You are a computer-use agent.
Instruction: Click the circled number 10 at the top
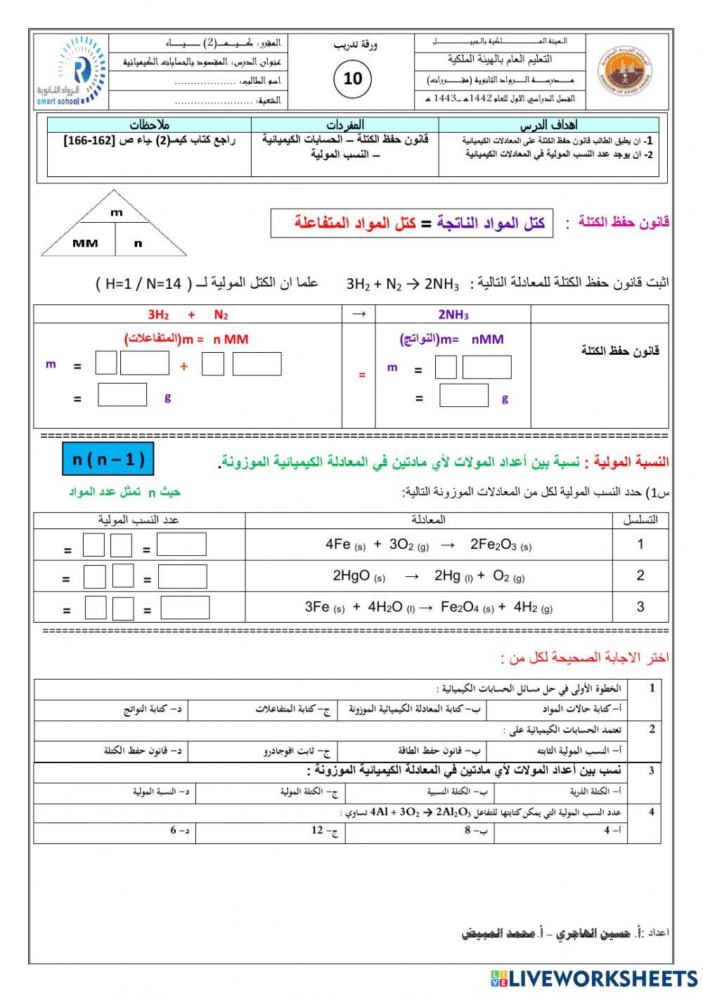click(352, 78)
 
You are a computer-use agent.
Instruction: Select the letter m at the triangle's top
click(116, 212)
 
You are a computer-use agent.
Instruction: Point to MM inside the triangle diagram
click(85, 243)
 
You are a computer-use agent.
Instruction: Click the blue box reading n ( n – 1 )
click(108, 460)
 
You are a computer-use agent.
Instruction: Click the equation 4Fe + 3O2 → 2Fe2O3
click(428, 545)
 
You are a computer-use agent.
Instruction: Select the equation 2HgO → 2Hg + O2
click(428, 576)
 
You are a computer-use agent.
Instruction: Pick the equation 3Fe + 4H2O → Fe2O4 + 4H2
click(428, 607)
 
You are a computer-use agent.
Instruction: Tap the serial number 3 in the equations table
click(640, 607)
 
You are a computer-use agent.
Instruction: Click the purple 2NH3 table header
click(453, 315)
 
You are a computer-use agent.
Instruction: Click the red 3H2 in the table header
click(158, 315)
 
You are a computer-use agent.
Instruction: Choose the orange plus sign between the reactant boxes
click(184, 366)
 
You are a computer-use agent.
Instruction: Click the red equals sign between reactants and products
click(362, 375)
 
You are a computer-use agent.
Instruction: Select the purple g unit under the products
click(505, 398)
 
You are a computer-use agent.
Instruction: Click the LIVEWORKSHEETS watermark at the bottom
click(594, 978)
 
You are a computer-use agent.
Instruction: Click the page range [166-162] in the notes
click(86, 141)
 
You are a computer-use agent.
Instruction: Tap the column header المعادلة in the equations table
click(428, 520)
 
